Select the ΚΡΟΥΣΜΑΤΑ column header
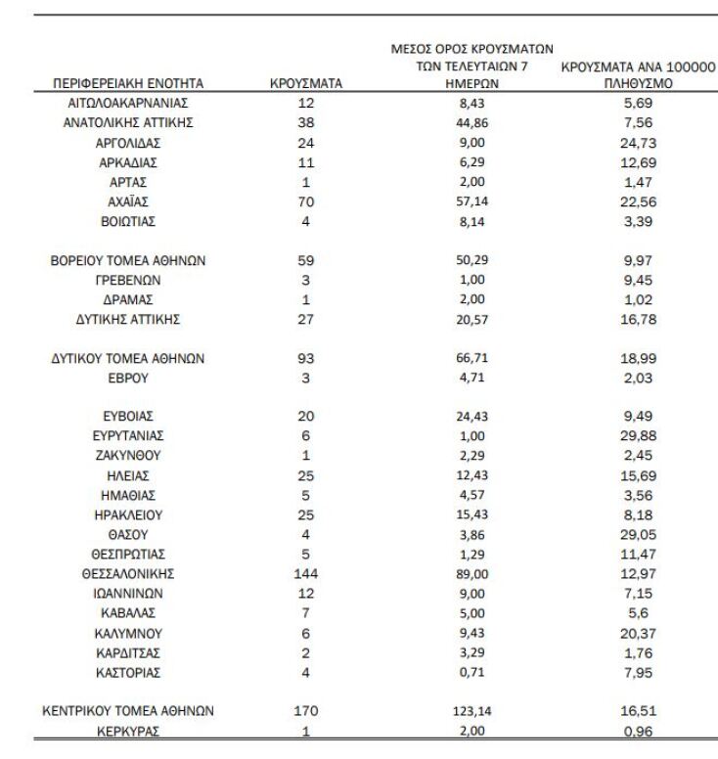point(305,84)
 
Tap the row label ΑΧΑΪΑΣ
point(128,202)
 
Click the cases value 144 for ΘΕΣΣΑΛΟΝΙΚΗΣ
point(305,572)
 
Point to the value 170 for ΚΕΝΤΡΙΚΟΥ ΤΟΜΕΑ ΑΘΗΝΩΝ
point(305,712)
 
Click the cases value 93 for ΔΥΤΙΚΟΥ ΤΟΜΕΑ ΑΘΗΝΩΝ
point(305,358)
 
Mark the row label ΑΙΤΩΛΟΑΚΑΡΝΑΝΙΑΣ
point(128,103)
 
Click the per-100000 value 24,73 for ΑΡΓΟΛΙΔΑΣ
point(640,143)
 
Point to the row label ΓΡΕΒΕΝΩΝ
point(128,280)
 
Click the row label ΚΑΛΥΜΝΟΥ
point(128,632)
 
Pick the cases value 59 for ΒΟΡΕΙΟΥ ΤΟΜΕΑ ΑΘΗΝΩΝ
point(305,260)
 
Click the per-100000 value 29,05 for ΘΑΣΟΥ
point(640,533)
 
